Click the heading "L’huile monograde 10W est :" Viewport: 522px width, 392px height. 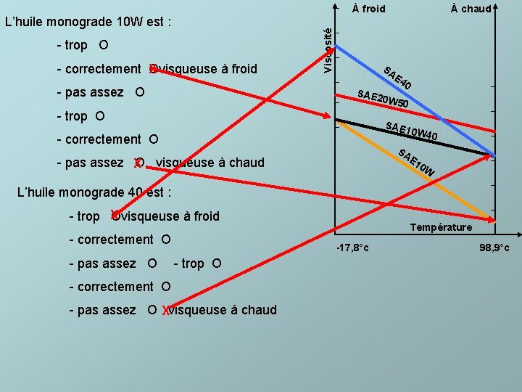(x=88, y=22)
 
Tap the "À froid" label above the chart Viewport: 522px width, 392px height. (x=368, y=9)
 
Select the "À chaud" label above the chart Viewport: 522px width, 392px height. (x=471, y=9)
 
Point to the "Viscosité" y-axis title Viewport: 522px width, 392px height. (x=328, y=49)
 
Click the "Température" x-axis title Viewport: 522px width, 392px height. (x=441, y=227)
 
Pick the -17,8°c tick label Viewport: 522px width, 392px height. (x=353, y=248)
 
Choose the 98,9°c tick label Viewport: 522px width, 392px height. (x=494, y=248)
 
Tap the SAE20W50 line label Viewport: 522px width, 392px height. (x=384, y=100)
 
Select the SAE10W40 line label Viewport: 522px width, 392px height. (x=411, y=131)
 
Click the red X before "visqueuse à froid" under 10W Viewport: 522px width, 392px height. (x=152, y=70)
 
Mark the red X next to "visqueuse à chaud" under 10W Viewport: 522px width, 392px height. (x=137, y=163)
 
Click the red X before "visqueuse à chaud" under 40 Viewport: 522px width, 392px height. (x=166, y=311)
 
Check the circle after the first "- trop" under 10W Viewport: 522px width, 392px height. (x=104, y=45)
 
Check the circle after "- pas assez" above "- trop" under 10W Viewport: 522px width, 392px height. (x=139, y=93)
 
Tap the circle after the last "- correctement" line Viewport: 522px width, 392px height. (x=166, y=287)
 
